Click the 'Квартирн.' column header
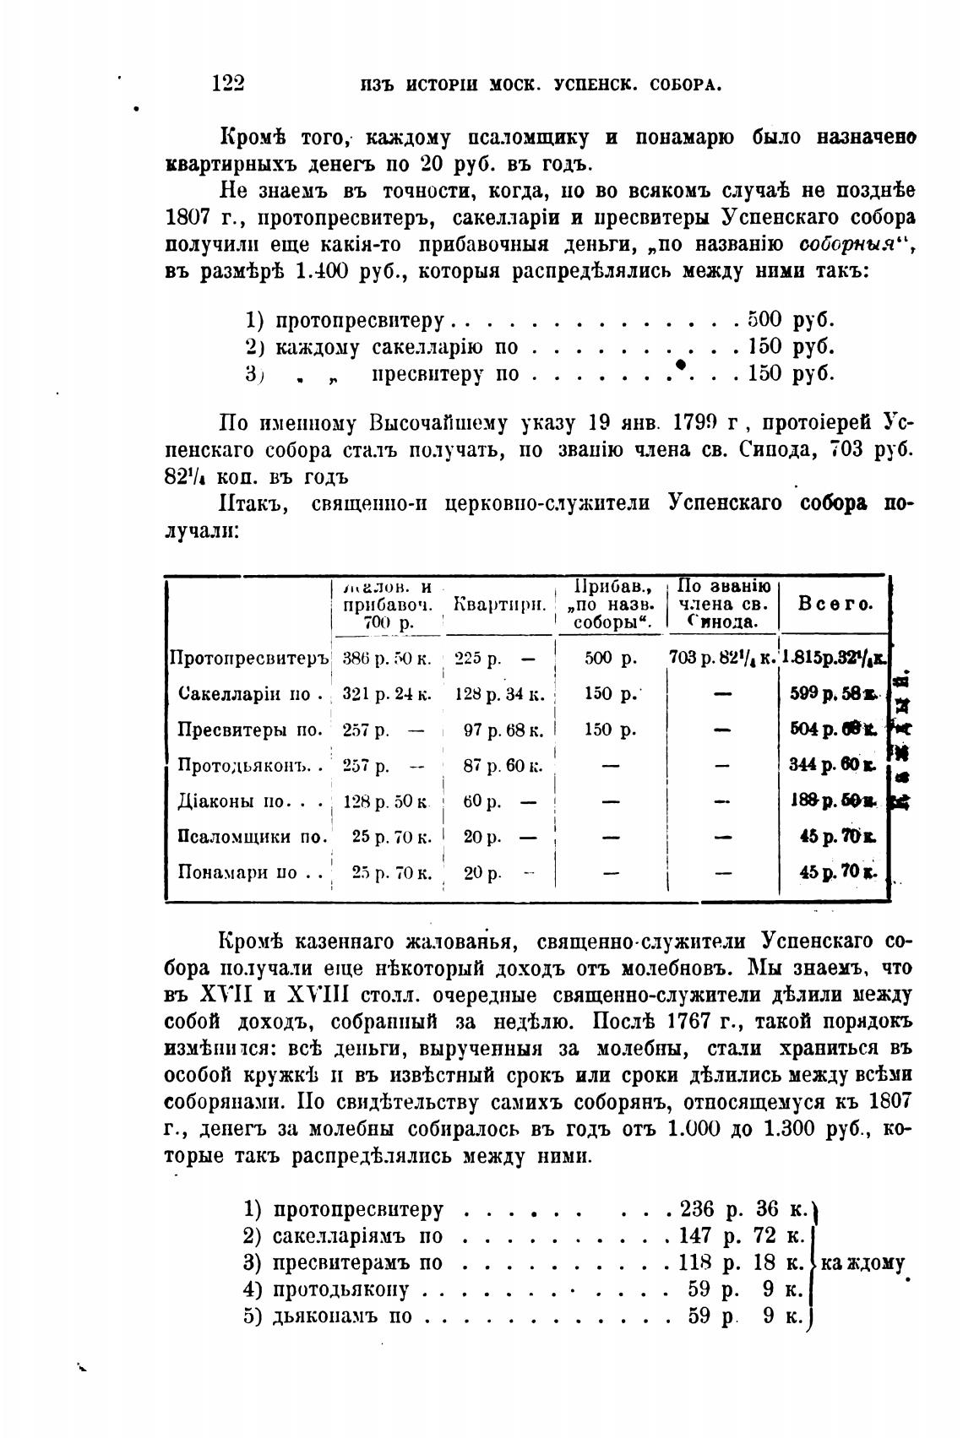499,605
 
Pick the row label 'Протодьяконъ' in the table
250,765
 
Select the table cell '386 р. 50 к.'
387,658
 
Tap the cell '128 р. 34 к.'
499,694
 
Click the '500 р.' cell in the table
610,658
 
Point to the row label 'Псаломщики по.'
253,837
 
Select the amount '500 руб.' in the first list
791,320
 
